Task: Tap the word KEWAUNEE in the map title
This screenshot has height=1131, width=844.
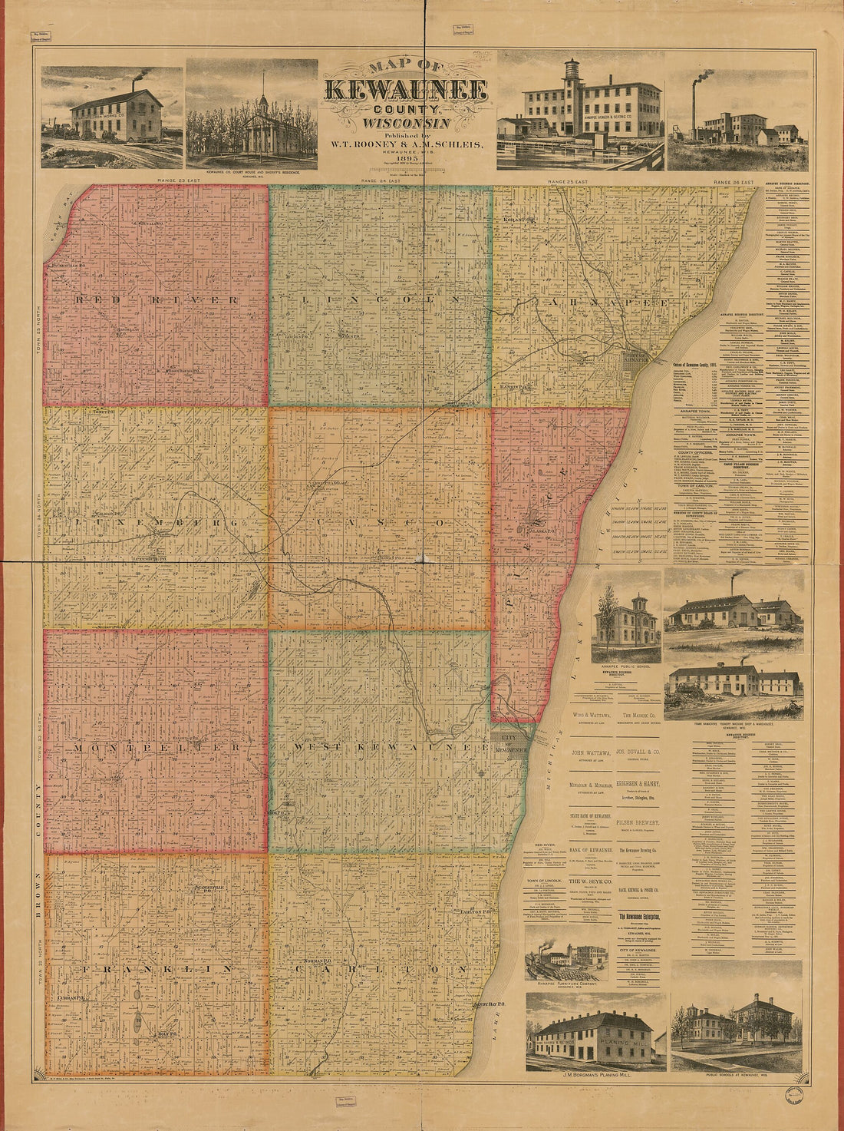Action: [x=406, y=90]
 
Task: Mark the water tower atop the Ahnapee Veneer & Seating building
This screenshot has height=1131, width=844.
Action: [x=572, y=74]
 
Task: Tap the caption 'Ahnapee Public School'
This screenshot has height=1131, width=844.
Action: [x=625, y=666]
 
